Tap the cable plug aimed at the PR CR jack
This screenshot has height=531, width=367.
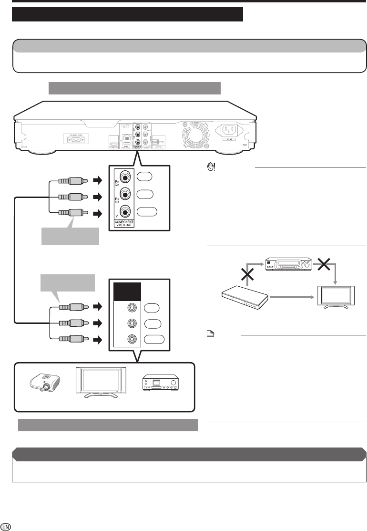[x=71, y=181]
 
